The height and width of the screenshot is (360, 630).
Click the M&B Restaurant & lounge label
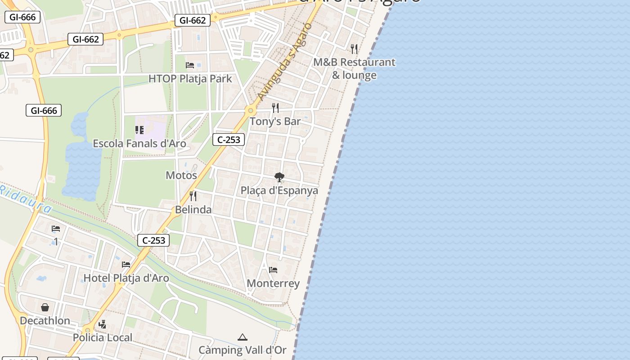(x=354, y=68)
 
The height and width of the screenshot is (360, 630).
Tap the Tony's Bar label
(x=275, y=121)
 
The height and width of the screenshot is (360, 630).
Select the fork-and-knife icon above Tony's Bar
(x=275, y=108)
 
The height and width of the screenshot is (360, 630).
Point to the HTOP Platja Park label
(x=190, y=79)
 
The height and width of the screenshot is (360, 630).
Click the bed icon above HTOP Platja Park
(x=190, y=65)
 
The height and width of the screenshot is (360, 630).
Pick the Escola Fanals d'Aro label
(x=139, y=144)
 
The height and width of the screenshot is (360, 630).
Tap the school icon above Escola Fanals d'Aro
(x=139, y=130)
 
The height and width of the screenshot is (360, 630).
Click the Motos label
(x=181, y=175)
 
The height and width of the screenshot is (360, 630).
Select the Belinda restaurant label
(x=193, y=210)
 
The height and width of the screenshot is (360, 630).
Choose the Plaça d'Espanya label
(x=279, y=190)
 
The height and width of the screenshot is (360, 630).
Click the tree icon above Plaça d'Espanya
(x=279, y=177)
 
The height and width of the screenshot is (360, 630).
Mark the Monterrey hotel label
(x=273, y=283)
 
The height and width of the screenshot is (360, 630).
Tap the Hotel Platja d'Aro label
(x=126, y=278)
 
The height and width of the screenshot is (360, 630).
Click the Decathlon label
(x=45, y=321)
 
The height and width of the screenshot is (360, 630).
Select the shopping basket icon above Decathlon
(x=45, y=307)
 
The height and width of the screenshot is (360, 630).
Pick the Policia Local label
(x=103, y=337)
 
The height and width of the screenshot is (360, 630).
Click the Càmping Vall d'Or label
(x=243, y=350)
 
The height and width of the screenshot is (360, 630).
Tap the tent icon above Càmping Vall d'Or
(x=243, y=337)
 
